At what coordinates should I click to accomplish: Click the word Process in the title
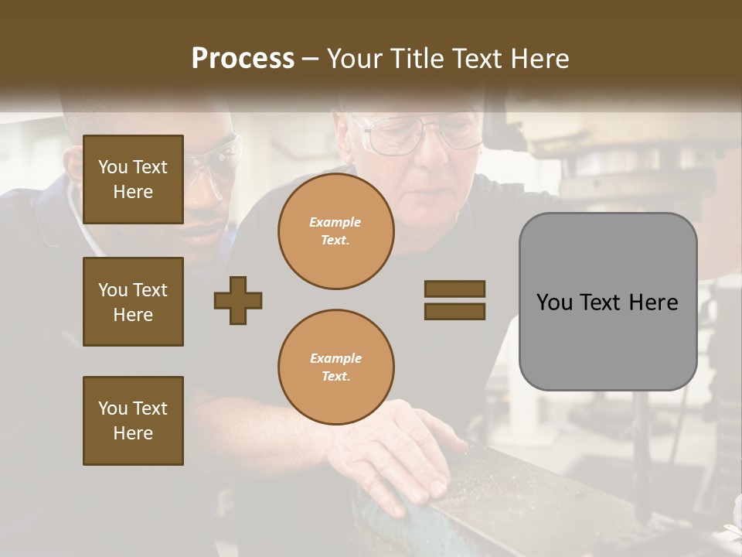tap(243, 59)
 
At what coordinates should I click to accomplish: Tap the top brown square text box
tap(133, 179)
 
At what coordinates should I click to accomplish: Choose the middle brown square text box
tap(133, 302)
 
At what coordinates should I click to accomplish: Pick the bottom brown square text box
tap(133, 421)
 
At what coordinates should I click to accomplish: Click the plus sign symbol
tap(238, 300)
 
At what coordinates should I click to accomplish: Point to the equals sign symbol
tap(454, 300)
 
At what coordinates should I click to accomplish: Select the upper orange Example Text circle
tap(335, 231)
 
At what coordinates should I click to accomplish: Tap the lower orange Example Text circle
tap(335, 367)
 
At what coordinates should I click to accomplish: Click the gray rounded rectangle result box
tap(608, 302)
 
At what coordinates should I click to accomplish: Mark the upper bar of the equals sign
tap(454, 289)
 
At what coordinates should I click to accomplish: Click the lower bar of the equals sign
tap(454, 312)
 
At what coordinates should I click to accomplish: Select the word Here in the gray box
tap(652, 302)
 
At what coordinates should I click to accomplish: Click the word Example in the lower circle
tap(335, 358)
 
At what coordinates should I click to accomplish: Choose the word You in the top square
tap(113, 167)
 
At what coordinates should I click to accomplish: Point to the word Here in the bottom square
tap(133, 433)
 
